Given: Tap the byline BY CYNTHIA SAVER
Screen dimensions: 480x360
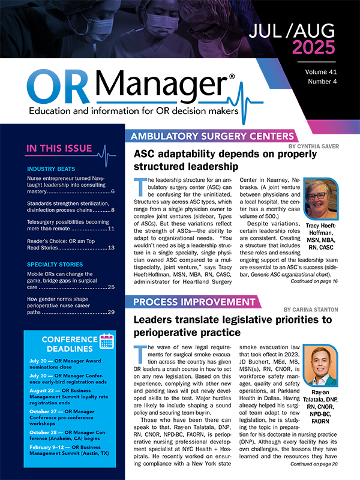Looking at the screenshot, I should [322, 146].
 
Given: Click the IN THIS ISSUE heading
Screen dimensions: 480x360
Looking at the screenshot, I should [59, 149].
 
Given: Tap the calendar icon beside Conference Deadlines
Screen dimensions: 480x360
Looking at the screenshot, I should [106, 342].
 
